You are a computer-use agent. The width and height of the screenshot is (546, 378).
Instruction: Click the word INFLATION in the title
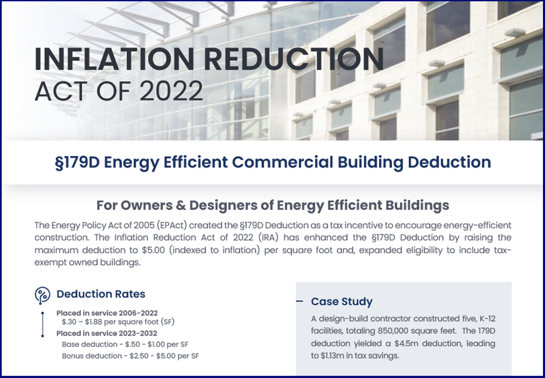(114, 60)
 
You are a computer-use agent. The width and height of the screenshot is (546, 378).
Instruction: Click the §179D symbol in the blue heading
(77, 162)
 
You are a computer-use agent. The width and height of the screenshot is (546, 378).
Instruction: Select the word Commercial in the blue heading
(283, 162)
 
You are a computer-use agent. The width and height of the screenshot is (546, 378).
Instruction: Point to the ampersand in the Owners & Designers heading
(180, 206)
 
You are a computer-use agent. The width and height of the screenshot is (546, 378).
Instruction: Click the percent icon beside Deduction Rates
(43, 295)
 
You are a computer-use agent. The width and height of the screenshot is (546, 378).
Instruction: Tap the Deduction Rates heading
(101, 294)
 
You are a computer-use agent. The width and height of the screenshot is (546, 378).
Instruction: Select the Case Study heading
(342, 302)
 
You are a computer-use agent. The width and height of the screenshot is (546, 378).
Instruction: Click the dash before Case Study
(300, 301)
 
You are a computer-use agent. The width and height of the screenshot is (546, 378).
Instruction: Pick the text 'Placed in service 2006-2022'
(107, 313)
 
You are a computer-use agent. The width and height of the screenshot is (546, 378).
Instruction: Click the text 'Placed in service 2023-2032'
(107, 333)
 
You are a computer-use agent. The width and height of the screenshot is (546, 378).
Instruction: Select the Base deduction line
(125, 345)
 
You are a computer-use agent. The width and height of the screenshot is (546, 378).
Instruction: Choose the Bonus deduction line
(130, 356)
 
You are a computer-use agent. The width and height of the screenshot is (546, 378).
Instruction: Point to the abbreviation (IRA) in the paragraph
(268, 238)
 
